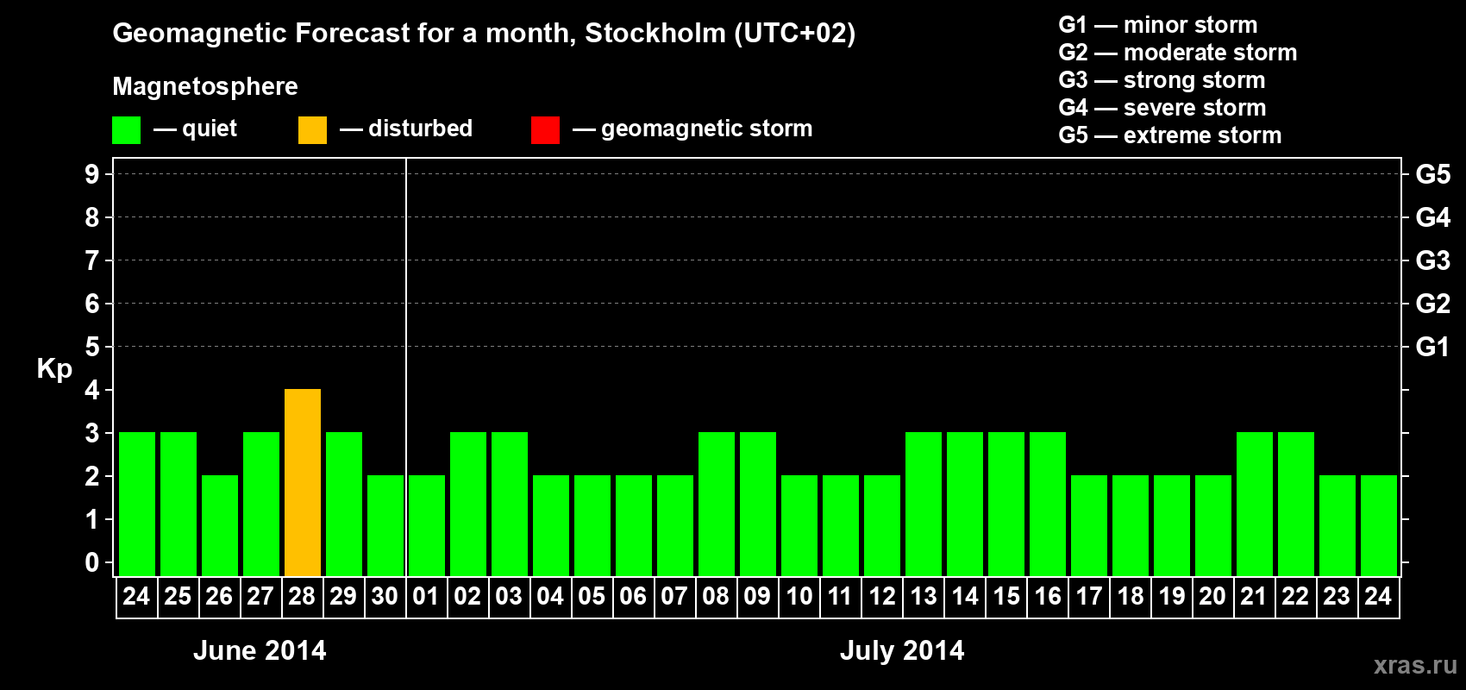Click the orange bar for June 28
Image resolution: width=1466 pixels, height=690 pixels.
click(303, 483)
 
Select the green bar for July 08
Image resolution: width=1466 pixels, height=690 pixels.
click(717, 505)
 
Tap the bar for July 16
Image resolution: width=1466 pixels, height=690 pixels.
click(1048, 505)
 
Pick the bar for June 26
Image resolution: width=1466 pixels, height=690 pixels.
click(220, 526)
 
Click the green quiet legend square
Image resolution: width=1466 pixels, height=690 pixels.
click(127, 130)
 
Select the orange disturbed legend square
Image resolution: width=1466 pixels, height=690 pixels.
click(312, 130)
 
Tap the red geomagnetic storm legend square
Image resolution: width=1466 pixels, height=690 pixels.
click(545, 130)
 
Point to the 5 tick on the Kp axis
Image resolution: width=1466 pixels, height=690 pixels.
click(92, 347)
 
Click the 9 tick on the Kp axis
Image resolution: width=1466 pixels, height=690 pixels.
click(92, 174)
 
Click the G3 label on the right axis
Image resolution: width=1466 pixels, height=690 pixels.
click(1432, 260)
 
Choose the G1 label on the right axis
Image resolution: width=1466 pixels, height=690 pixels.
click(1432, 347)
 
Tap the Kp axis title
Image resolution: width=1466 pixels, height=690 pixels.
click(54, 368)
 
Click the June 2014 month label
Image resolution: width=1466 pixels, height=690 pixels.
click(260, 650)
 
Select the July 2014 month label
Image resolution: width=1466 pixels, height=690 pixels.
click(902, 650)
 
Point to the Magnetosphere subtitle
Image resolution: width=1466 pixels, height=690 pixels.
click(205, 86)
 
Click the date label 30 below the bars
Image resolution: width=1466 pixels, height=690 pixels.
click(385, 596)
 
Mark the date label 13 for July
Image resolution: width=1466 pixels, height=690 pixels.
click(924, 596)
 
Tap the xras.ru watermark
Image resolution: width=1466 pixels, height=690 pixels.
click(1415, 665)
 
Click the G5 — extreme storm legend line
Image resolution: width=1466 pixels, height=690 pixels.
click(1169, 135)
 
